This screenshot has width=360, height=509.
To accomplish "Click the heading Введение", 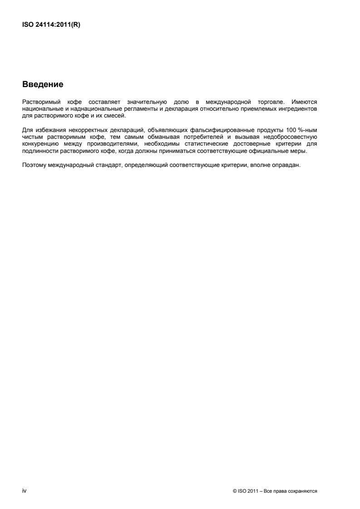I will pyautogui.click(x=43, y=84).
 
